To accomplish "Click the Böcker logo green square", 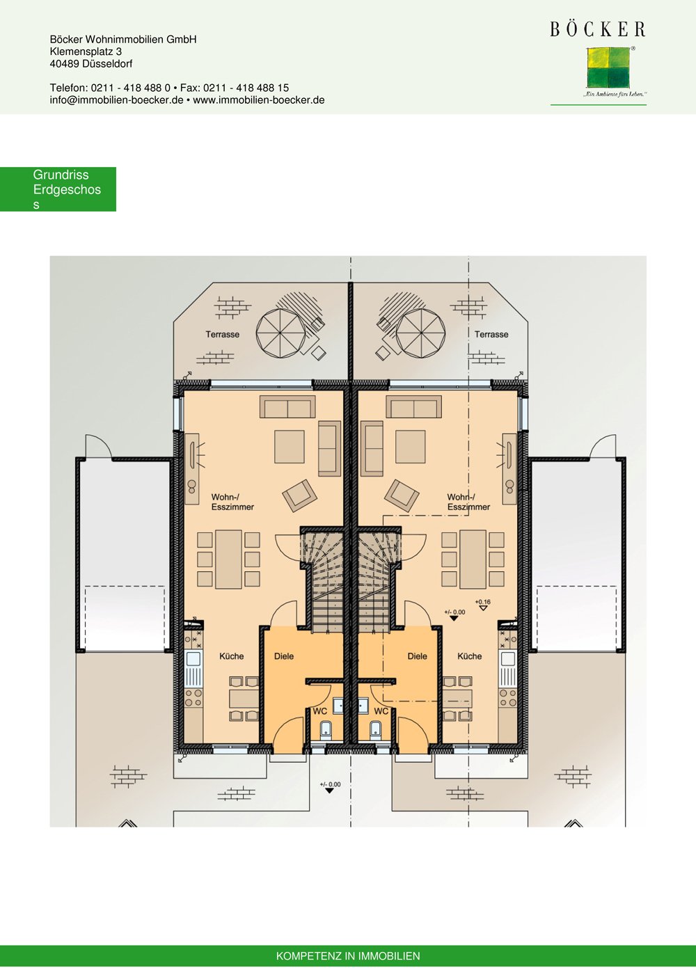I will pos(608,68).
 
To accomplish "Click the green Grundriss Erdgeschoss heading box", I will pos(58,189).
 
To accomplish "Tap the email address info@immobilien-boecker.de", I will pos(116,100).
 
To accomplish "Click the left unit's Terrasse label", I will pos(222,335).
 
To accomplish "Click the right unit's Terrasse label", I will pos(491,335).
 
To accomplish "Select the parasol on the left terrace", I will pos(280,333).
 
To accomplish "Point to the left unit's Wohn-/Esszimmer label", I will pos(232,502).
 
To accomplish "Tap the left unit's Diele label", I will pos(284,656).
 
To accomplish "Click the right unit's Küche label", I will pos(470,656).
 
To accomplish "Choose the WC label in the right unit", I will pos(381,711).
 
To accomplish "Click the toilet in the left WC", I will pos(325,730).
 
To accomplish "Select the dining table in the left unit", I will pos(228,560).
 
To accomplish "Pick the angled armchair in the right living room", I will pos(402,495).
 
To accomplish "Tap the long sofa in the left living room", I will pos(287,407).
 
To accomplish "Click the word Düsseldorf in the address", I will pos(107,64).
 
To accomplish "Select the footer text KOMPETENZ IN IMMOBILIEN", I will pos(348,956).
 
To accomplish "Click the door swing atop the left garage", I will pos(97,447).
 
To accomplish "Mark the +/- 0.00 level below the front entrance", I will pos(330,787).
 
